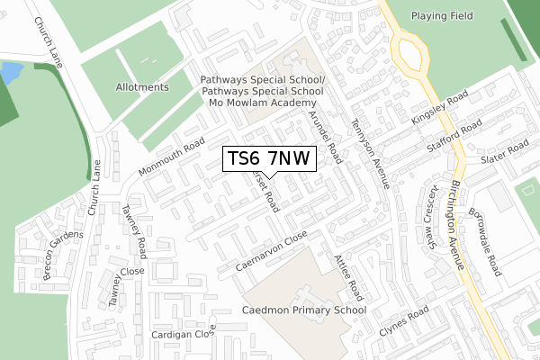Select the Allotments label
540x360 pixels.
[x=142, y=87]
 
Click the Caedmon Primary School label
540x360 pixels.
[x=304, y=310]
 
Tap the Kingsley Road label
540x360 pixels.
[x=439, y=108]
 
